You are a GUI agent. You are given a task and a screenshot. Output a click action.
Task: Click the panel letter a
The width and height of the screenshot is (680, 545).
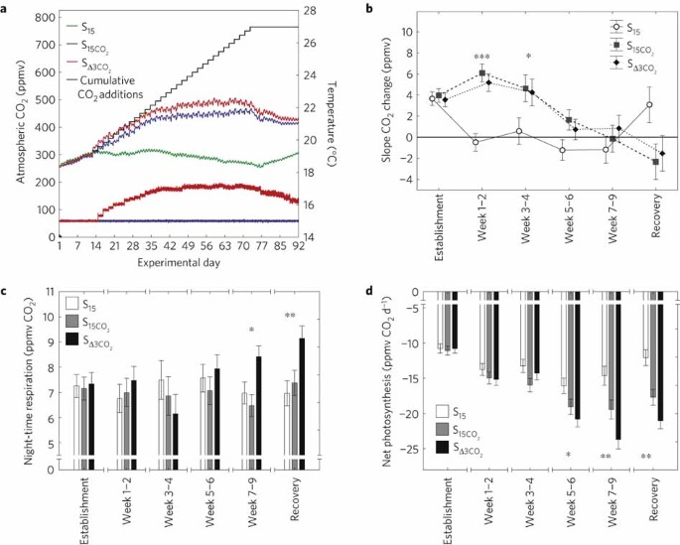[6, 9]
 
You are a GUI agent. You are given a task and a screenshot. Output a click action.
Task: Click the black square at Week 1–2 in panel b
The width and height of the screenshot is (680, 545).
[481, 73]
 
